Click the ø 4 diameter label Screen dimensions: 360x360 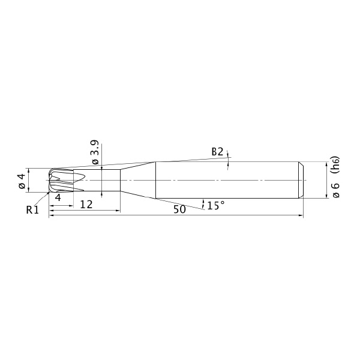click(x=22, y=181)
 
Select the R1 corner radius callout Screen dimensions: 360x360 click(x=32, y=209)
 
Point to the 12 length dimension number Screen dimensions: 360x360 click(x=86, y=205)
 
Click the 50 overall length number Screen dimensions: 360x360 click(x=179, y=209)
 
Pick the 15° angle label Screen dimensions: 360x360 click(x=215, y=205)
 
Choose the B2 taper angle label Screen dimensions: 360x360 click(x=217, y=152)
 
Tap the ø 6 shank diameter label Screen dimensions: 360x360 click(x=335, y=190)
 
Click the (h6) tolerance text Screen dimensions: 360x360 click(x=335, y=166)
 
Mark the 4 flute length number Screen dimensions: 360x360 click(x=58, y=197)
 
